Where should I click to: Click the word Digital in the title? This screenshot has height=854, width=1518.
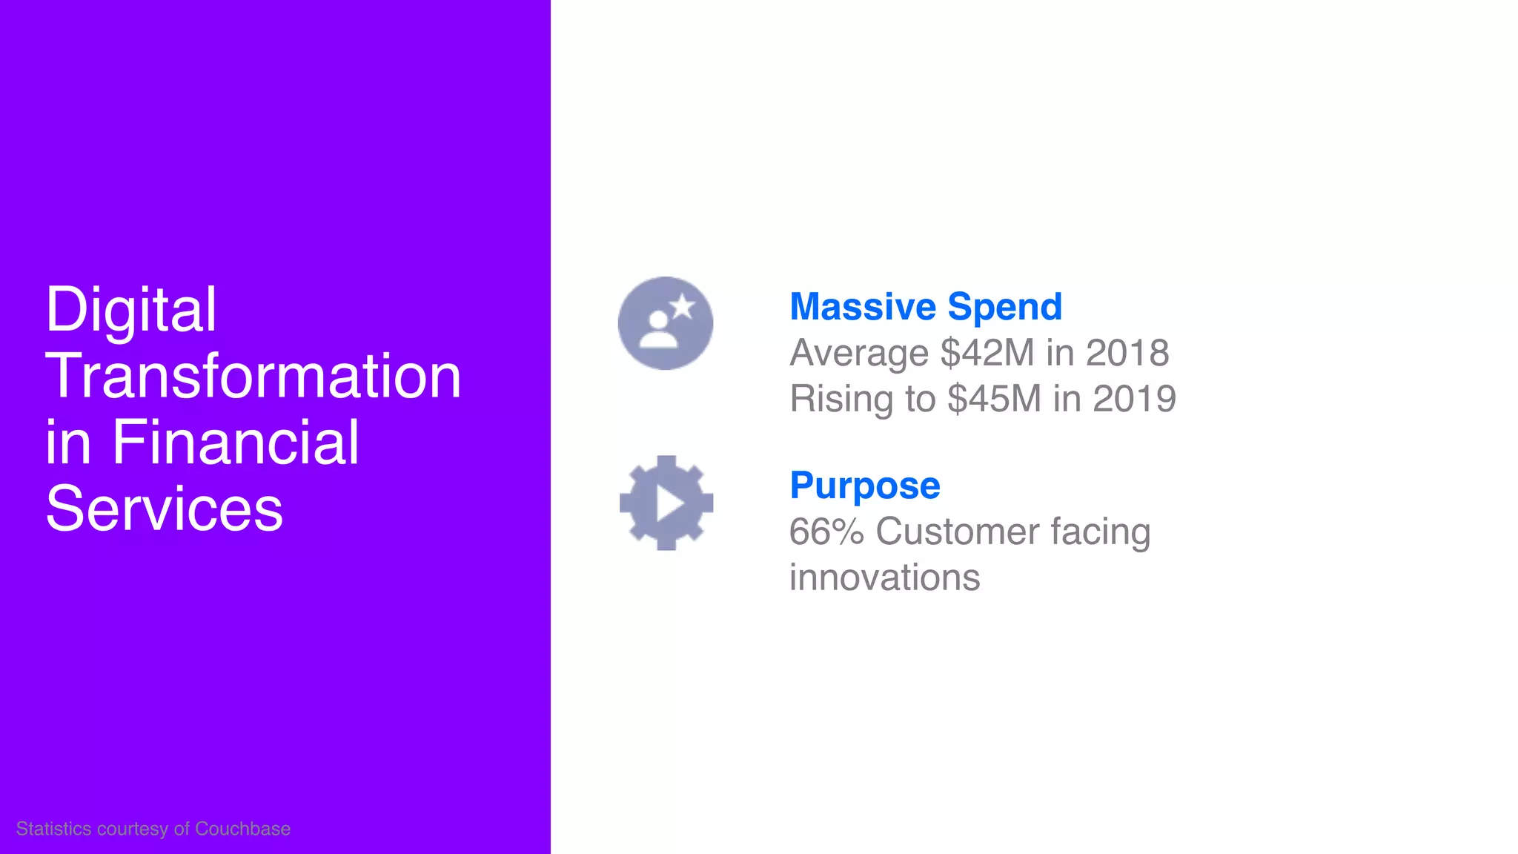pos(130,310)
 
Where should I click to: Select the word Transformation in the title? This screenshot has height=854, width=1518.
pos(253,377)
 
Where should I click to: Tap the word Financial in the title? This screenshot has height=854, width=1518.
pos(235,443)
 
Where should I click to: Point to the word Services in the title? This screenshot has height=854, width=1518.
pos(164,509)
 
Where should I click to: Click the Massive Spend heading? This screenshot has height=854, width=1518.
pos(926,307)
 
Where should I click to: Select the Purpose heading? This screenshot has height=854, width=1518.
pos(864,486)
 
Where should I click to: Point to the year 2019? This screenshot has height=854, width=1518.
pos(1134,399)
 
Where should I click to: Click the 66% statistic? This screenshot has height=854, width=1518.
pos(826,532)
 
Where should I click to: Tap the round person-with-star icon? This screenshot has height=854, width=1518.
pos(665,323)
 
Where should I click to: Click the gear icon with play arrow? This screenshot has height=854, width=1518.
pos(666,503)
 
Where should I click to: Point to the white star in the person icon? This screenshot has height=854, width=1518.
pos(682,306)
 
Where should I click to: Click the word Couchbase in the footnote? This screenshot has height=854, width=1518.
pos(242,829)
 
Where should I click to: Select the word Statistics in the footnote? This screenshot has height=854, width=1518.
pos(54,829)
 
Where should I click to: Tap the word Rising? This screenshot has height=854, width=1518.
pos(841,399)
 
